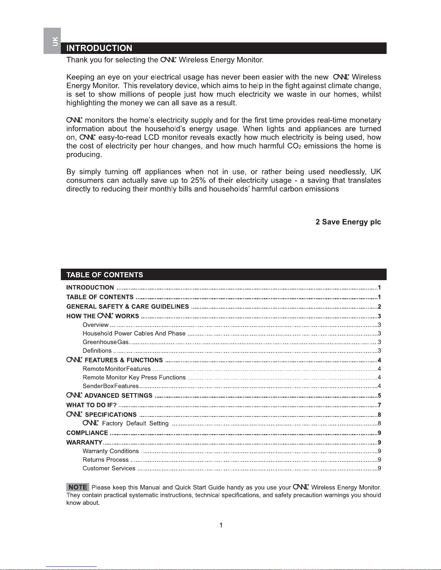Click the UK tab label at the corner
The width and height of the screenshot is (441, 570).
pos(55,41)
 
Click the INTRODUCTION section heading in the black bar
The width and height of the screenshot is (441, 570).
pos(99,48)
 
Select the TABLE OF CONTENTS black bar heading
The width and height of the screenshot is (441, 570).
pos(105,275)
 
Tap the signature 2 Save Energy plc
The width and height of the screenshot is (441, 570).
pos(348,222)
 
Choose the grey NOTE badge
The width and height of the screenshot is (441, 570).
pos(78,487)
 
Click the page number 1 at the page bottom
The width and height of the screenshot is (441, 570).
pos(221,525)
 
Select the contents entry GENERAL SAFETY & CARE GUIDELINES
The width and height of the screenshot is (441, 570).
pos(127,307)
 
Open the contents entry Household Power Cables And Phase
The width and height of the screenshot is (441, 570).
pos(134,333)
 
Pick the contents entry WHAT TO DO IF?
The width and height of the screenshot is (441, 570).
pos(91,405)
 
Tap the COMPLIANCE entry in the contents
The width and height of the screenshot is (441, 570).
pos(87,433)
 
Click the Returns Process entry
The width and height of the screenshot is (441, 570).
pos(105,460)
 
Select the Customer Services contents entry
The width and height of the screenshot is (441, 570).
pos(109,468)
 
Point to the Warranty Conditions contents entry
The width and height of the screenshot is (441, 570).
pos(111,451)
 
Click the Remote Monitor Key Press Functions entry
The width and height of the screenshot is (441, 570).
pos(134,377)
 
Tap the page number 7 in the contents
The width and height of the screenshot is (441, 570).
pos(379,405)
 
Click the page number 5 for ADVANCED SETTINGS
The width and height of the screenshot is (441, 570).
pos(379,396)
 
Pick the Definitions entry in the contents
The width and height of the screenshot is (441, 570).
pos(97,351)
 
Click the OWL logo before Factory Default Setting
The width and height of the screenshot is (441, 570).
pos(90,423)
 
